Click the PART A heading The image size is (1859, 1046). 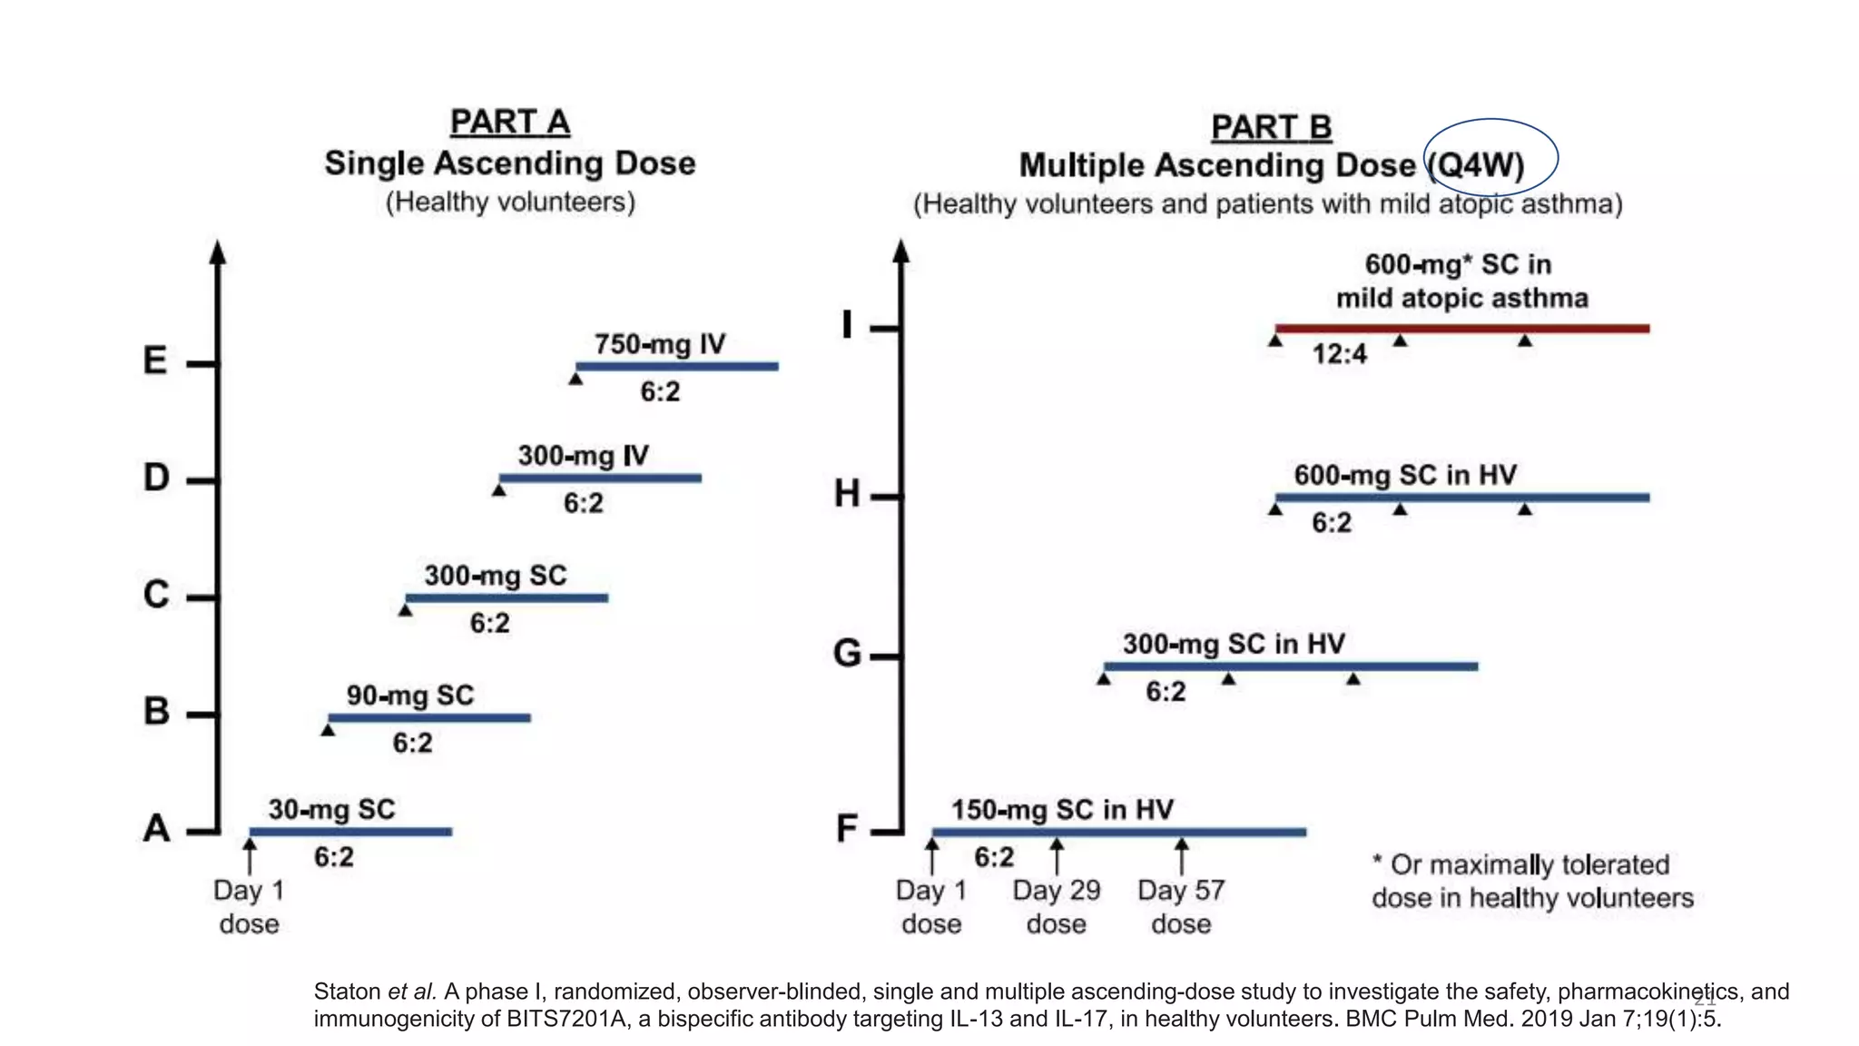point(509,122)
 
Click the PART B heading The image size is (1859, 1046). point(1271,127)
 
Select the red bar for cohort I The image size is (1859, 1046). point(1461,329)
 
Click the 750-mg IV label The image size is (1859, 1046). point(660,345)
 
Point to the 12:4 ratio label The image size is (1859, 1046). point(1339,354)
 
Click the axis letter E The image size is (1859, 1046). point(155,361)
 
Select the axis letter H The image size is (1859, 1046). point(846,495)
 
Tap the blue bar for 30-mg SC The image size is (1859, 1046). point(350,832)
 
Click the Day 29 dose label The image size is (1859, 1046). point(1057,906)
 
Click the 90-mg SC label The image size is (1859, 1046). point(410,696)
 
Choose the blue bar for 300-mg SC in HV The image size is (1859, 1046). point(1290,666)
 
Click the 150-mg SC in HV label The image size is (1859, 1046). point(1062,810)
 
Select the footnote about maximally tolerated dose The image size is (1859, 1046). point(1531,881)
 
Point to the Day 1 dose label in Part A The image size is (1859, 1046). point(249,906)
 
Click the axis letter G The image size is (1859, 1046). point(846,654)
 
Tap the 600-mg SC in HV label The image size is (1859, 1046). point(1404,476)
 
